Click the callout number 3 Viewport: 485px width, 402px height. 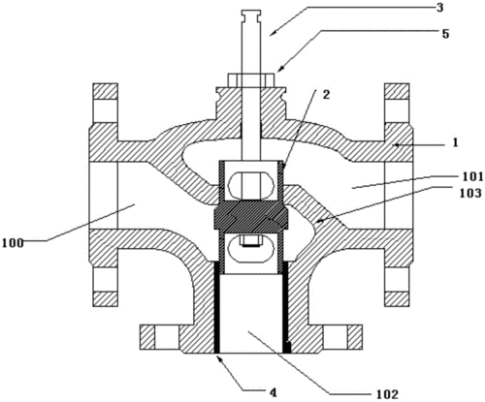tap(439, 8)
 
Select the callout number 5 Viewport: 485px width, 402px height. tap(446, 34)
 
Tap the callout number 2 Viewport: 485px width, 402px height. tap(326, 94)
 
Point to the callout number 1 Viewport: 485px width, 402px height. tap(455, 142)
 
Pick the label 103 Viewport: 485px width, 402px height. tap(470, 193)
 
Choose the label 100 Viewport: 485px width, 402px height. tap(13, 243)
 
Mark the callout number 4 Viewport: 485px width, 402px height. tap(274, 392)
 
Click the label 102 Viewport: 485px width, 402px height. tap(387, 394)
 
